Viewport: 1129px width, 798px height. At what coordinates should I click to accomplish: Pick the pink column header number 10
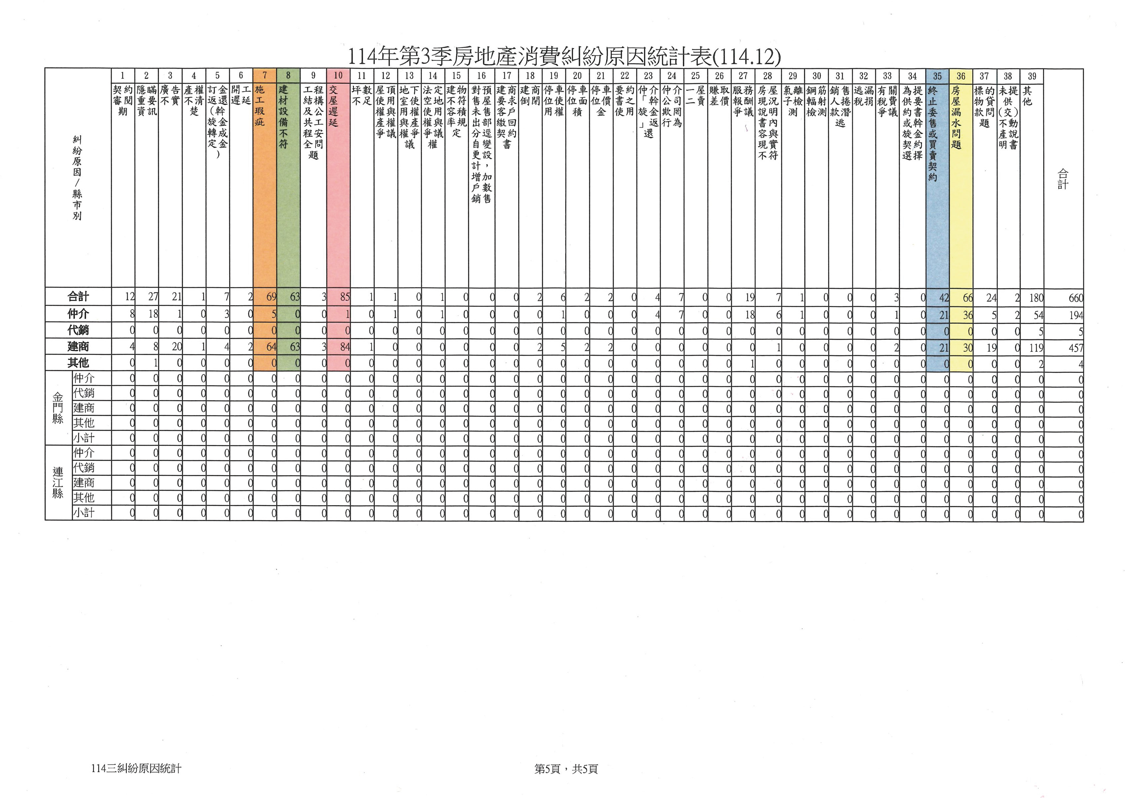[x=338, y=76]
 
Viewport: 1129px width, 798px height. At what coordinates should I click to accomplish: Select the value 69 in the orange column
[x=271, y=297]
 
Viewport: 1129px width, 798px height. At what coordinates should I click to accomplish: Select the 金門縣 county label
[x=58, y=408]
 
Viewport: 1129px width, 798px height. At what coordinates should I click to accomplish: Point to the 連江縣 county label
[x=58, y=482]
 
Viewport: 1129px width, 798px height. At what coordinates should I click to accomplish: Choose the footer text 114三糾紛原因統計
[x=136, y=768]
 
